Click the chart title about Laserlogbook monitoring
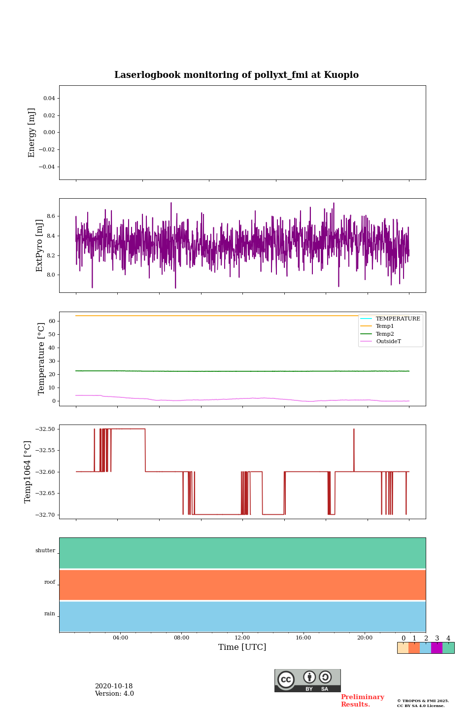click(x=236, y=75)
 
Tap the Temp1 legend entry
click(x=385, y=326)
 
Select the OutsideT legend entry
click(x=388, y=341)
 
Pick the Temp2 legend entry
click(x=385, y=334)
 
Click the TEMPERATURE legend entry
click(x=398, y=319)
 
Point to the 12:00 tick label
click(x=242, y=638)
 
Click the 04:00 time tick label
click(x=120, y=638)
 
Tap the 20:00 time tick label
click(x=365, y=638)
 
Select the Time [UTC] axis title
click(x=242, y=647)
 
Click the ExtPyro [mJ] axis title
click(x=40, y=246)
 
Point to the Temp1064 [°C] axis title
click(x=28, y=471)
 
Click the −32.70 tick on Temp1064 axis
click(x=45, y=515)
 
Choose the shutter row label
click(x=45, y=551)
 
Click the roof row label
click(x=50, y=582)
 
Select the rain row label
click(x=50, y=614)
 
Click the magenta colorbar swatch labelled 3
click(x=437, y=648)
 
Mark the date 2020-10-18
click(x=114, y=686)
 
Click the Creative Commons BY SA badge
click(x=307, y=680)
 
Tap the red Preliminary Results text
click(x=362, y=701)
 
